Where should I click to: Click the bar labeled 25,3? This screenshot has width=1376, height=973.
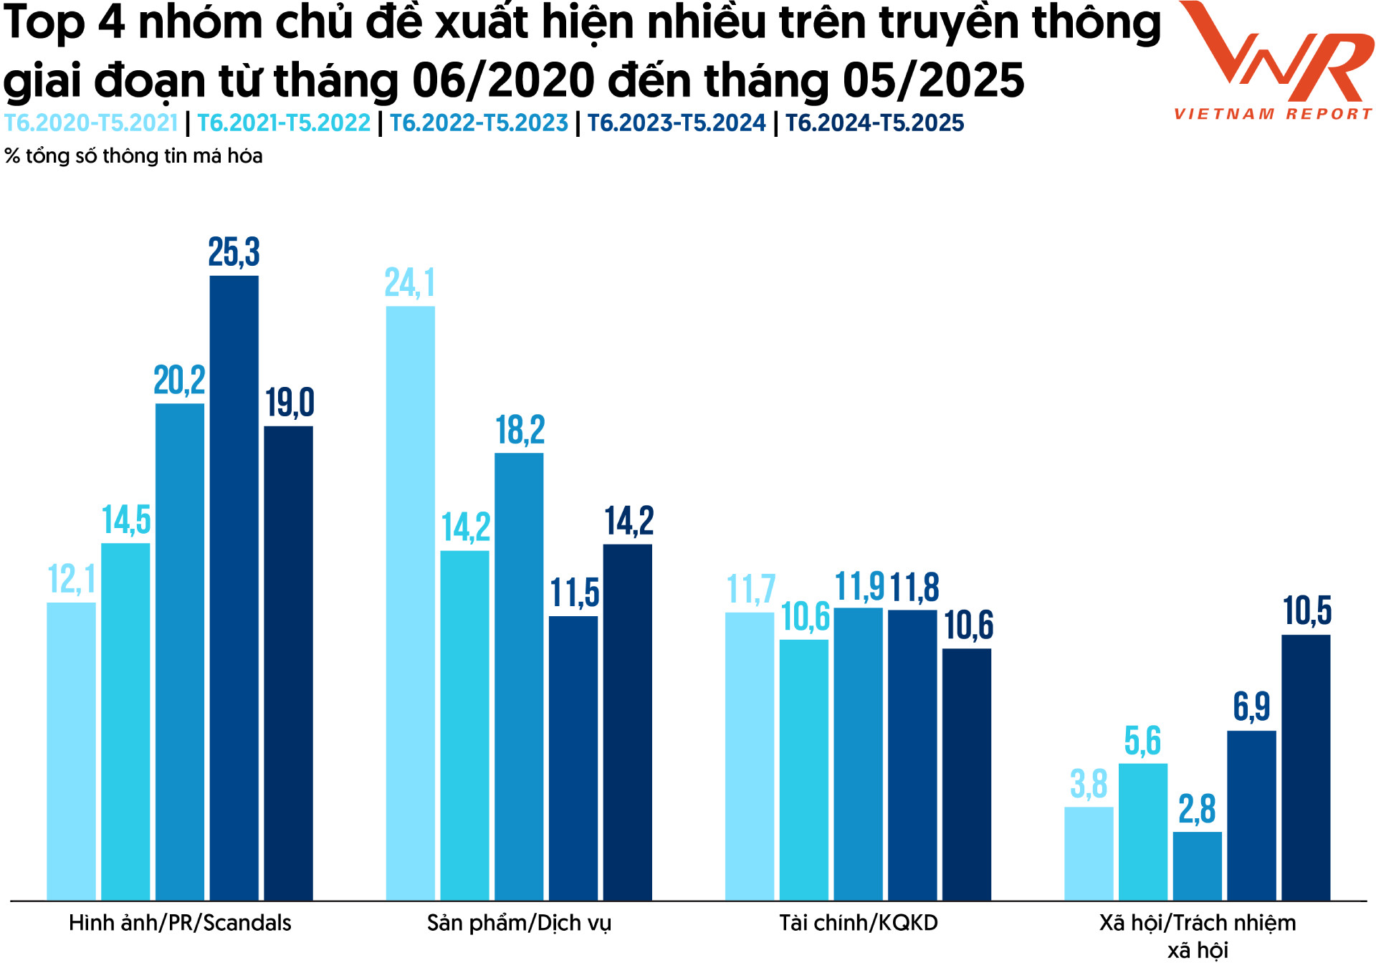(x=234, y=588)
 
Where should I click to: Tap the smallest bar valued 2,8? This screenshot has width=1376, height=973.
(x=1197, y=866)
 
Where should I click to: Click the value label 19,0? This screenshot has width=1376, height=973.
(x=290, y=402)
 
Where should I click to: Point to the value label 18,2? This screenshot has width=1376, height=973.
(x=520, y=430)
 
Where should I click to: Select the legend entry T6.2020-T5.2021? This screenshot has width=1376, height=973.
(x=90, y=123)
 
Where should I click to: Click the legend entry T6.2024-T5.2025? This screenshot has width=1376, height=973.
(x=874, y=123)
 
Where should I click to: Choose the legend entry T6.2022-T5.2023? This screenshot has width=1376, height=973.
(x=479, y=123)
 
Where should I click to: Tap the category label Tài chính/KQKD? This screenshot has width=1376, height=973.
(x=858, y=923)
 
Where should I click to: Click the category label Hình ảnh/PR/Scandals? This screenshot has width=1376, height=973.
(x=180, y=923)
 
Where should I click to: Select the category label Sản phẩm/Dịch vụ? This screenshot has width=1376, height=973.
(x=519, y=923)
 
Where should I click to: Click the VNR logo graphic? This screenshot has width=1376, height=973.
(x=1276, y=52)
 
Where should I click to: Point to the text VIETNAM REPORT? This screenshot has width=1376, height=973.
(x=1273, y=114)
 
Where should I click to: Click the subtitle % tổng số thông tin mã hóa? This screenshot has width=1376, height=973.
(x=133, y=156)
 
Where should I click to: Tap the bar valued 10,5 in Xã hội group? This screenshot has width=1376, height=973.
(x=1305, y=767)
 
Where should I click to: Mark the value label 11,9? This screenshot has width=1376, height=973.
(x=859, y=587)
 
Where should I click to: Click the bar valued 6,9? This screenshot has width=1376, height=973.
(x=1251, y=815)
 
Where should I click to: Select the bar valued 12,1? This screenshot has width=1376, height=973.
(x=71, y=751)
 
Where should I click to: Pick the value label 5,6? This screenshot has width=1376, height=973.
(x=1142, y=741)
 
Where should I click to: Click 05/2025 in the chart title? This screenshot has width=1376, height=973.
(x=933, y=80)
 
